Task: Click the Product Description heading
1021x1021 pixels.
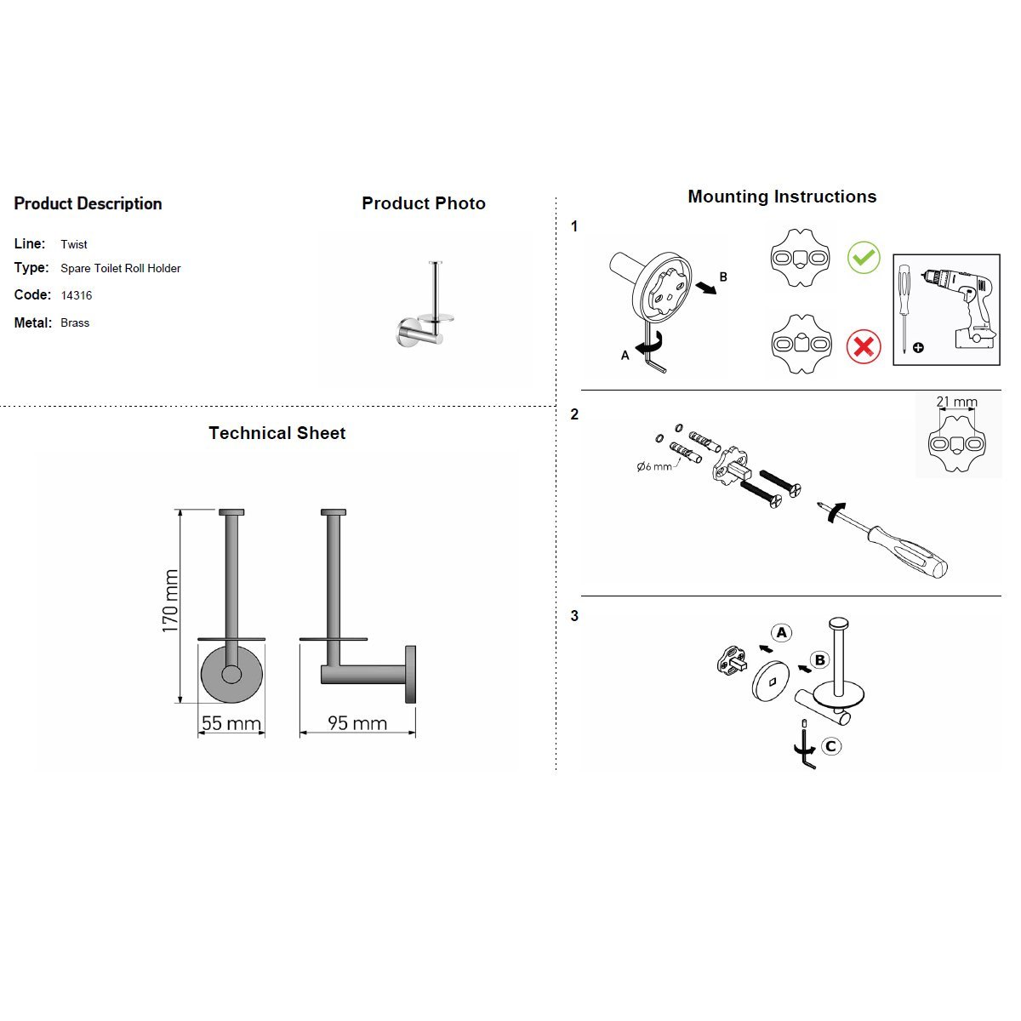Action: click(x=88, y=203)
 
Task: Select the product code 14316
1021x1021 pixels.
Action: click(x=77, y=295)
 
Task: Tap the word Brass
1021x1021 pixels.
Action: click(x=75, y=322)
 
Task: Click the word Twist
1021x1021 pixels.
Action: click(x=74, y=244)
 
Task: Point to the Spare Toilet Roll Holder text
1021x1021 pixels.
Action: click(x=121, y=268)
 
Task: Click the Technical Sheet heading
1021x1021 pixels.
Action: click(x=277, y=433)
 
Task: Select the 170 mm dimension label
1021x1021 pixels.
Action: click(x=171, y=601)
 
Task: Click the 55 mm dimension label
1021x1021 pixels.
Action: click(x=231, y=723)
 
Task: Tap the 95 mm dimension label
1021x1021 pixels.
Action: click(x=357, y=723)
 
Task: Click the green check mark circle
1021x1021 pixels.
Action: click(x=864, y=256)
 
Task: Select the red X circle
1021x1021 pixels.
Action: click(x=864, y=346)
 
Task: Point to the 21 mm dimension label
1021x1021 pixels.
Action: click(x=956, y=402)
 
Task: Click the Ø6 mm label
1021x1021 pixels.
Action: click(x=653, y=466)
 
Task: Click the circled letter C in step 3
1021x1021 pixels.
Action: click(x=831, y=746)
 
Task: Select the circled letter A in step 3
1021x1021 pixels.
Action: click(x=781, y=632)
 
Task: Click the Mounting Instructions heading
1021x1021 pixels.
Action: click(x=782, y=197)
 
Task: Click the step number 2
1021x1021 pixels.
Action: click(x=574, y=414)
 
